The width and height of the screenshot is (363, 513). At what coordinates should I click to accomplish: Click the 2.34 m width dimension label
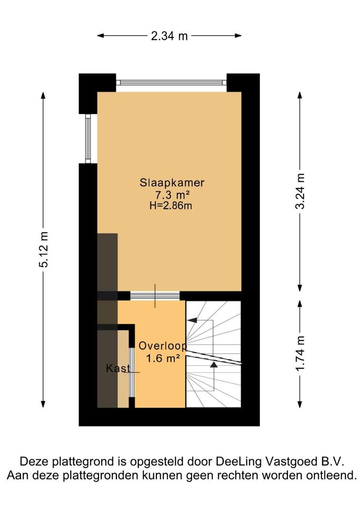(169, 36)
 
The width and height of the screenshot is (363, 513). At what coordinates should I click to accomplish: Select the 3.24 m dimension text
(300, 191)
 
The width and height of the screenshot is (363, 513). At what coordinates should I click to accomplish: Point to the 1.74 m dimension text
(300, 353)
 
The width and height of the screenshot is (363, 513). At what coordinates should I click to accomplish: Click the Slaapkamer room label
(172, 182)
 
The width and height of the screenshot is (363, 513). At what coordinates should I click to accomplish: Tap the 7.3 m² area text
(172, 195)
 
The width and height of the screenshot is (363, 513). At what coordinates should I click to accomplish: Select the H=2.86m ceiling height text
(171, 206)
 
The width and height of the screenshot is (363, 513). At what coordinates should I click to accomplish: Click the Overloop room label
(162, 346)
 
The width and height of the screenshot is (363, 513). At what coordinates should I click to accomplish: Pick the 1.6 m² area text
(162, 358)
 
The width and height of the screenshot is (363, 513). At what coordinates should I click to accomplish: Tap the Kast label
(118, 369)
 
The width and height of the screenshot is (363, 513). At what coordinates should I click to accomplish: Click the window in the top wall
(171, 83)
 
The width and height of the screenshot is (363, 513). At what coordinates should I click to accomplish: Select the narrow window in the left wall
(88, 138)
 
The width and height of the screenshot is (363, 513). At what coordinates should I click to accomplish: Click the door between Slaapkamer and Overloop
(155, 296)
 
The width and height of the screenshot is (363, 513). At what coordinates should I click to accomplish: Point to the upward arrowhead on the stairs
(214, 364)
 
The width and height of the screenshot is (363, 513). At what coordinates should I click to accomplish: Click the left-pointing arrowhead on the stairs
(192, 320)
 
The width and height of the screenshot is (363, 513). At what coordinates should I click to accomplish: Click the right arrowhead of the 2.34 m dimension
(238, 36)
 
